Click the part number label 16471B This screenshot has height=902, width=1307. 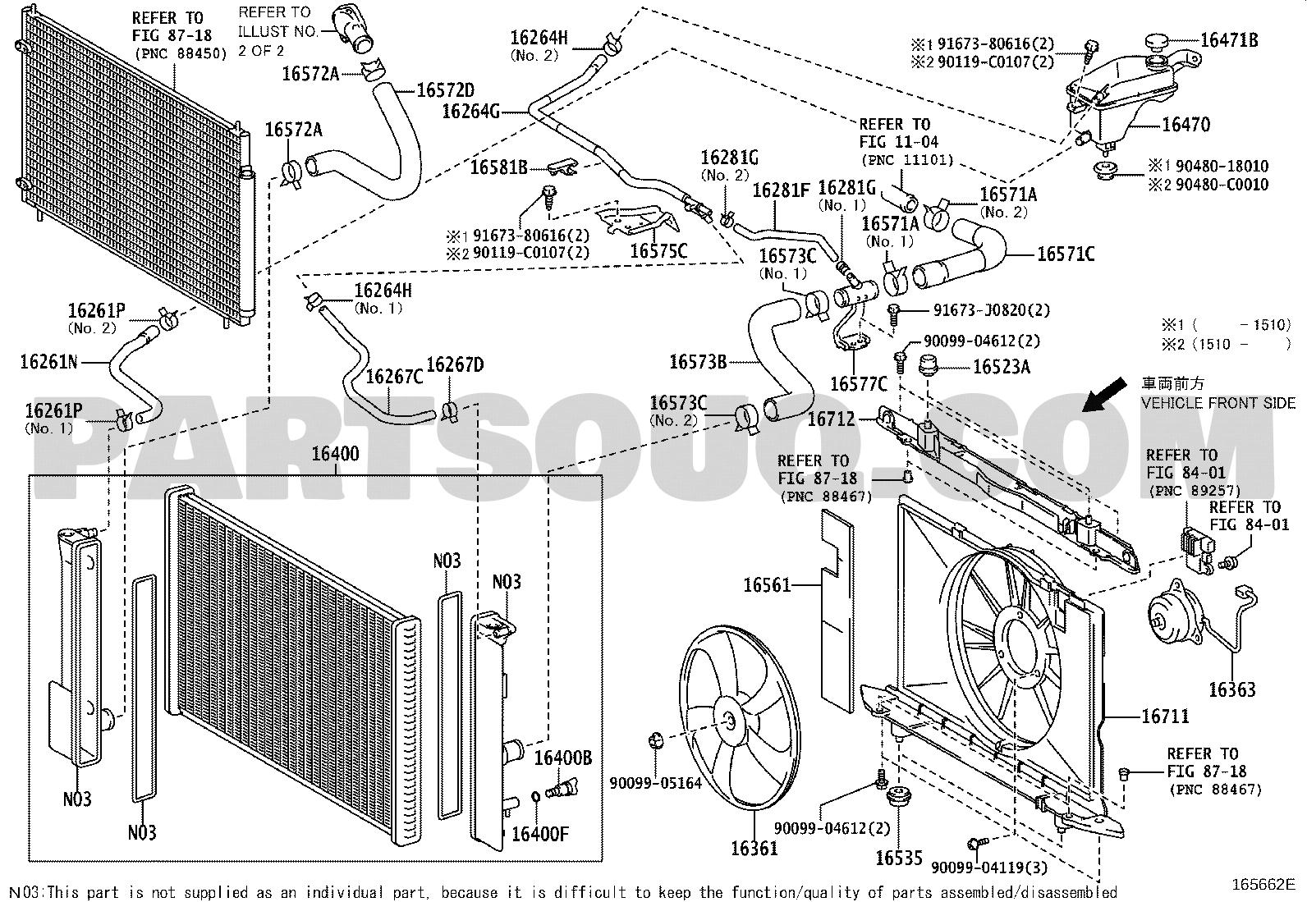[1229, 40]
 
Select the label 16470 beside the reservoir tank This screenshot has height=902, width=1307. [1186, 125]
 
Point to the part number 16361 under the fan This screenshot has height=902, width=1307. [754, 849]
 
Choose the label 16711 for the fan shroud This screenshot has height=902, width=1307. [1165, 716]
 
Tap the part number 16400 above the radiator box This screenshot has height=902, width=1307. [335, 454]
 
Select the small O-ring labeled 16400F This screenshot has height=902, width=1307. [535, 797]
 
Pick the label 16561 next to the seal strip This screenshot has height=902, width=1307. [767, 585]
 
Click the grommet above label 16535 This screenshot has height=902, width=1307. [898, 796]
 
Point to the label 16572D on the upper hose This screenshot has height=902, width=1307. [446, 90]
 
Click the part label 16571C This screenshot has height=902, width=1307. [1066, 254]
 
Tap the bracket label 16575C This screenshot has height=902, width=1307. [658, 251]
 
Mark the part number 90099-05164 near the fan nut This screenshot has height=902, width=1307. [656, 783]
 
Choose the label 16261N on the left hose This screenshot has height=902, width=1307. [49, 362]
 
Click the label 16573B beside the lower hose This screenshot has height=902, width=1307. [698, 362]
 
